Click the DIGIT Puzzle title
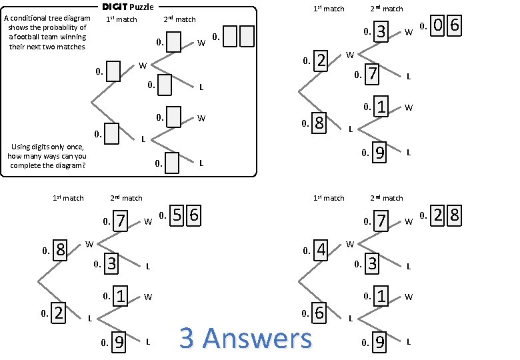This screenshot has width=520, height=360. [x=127, y=7]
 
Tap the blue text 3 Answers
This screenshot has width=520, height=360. [x=245, y=338]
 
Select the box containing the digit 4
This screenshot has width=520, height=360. [x=321, y=250]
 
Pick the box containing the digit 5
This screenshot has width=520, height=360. [x=177, y=215]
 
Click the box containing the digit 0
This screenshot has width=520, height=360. [x=438, y=26]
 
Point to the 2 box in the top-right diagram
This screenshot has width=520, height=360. [x=321, y=61]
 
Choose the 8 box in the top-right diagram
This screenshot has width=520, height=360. [x=319, y=123]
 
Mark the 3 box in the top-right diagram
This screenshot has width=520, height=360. [x=381, y=31]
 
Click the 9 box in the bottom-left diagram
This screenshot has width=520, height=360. [x=119, y=342]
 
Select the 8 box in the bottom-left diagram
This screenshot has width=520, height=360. [x=59, y=250]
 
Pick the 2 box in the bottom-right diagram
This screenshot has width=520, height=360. [x=438, y=215]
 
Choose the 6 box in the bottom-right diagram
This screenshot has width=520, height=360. [x=319, y=312]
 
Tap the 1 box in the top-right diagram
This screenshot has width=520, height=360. [x=381, y=107]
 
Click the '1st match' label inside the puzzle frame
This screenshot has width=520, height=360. [x=121, y=19]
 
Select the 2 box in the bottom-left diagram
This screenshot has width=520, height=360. [x=58, y=312]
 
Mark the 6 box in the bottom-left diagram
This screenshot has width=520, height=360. [x=193, y=215]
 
